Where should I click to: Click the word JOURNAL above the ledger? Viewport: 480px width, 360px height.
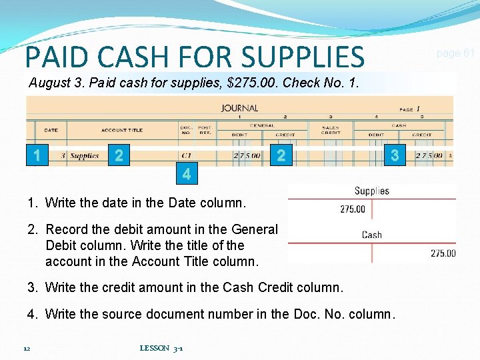click(x=239, y=108)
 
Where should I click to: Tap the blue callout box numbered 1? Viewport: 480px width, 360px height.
click(x=37, y=155)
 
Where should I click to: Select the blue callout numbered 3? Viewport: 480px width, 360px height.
click(x=395, y=155)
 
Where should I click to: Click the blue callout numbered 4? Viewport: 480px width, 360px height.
click(x=187, y=175)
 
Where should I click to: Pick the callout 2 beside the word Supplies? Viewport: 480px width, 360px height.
click(x=119, y=155)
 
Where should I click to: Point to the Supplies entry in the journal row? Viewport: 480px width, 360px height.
click(x=85, y=156)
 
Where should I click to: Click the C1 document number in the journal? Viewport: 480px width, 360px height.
click(x=186, y=156)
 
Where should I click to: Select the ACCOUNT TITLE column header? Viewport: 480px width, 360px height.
click(x=122, y=130)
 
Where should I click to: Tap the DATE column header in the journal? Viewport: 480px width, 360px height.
click(x=51, y=130)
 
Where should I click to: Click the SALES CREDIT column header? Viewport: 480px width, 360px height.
click(x=330, y=130)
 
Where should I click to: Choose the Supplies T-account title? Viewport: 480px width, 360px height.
click(x=371, y=191)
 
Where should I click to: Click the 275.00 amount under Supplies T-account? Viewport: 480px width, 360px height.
click(x=352, y=209)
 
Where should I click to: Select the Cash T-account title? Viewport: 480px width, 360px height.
click(x=371, y=235)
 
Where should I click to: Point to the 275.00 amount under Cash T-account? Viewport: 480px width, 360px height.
click(x=443, y=253)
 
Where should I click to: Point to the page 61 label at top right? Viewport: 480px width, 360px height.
click(x=455, y=53)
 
